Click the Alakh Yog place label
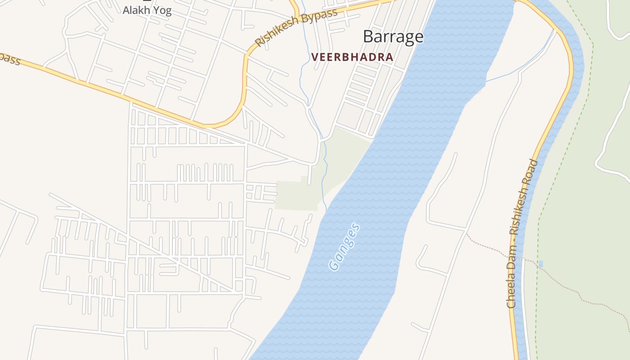(147, 10)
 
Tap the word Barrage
(393, 37)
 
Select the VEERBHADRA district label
(352, 57)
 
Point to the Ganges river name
(345, 247)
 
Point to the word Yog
(162, 11)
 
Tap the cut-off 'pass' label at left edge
(10, 58)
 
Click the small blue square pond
(540, 264)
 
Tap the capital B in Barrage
(368, 37)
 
